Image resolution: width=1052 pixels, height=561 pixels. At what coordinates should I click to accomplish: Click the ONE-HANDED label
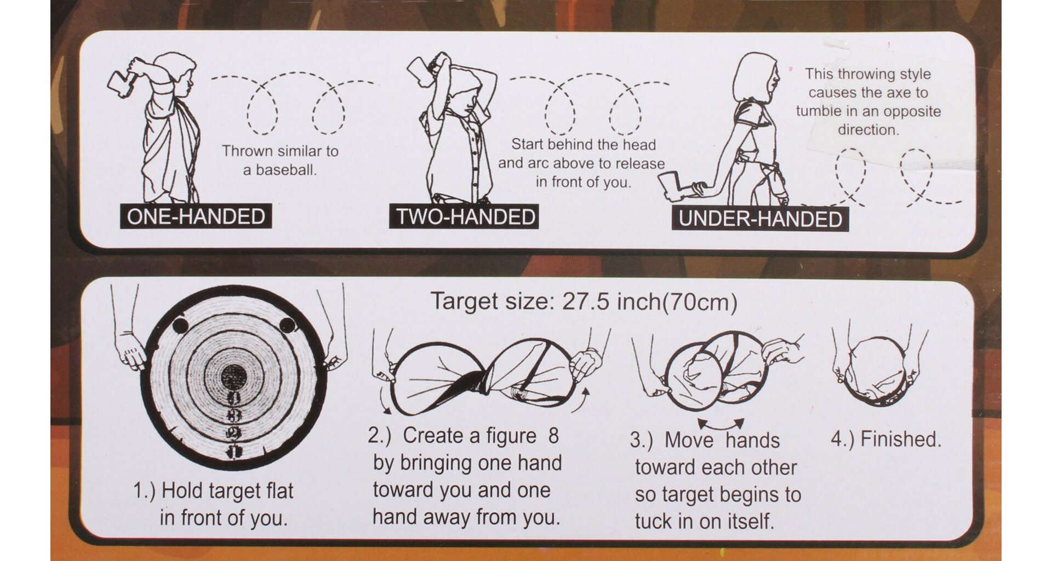coord(196,216)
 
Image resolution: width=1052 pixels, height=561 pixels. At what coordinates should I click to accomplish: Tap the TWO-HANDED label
coord(464,216)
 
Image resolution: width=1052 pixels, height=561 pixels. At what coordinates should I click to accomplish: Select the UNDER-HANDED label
coord(760,219)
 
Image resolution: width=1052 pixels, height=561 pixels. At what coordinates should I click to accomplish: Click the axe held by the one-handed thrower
coord(124,81)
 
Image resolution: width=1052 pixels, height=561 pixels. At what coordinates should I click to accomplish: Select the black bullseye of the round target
coord(233,377)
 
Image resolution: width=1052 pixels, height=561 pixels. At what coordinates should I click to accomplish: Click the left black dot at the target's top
coord(180,325)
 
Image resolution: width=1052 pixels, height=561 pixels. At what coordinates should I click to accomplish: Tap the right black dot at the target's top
coord(287,325)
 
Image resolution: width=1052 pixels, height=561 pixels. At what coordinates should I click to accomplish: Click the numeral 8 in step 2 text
coord(553,436)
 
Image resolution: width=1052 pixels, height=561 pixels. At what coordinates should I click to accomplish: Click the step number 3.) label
coord(641,440)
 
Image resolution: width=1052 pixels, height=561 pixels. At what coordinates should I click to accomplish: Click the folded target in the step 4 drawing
coord(875,371)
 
